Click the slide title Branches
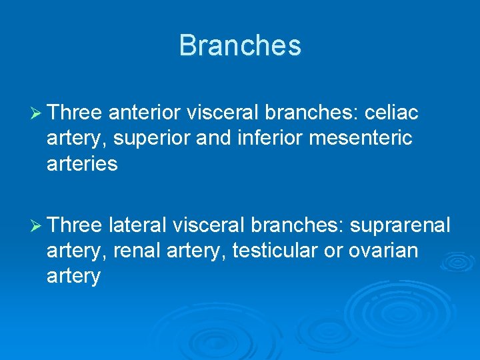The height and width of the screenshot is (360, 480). click(240, 46)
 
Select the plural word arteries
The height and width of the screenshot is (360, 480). click(82, 164)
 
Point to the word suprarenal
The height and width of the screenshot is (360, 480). click(400, 225)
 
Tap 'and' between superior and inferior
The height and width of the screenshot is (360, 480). click(230, 139)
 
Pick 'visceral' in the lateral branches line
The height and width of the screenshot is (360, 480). click(209, 225)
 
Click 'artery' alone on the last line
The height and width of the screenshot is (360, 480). click(73, 276)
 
